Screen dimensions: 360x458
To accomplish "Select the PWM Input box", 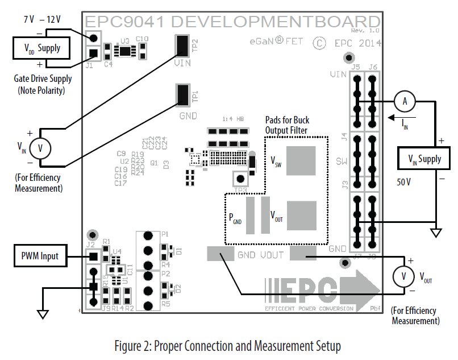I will [41, 256].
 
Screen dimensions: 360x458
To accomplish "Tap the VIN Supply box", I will [424, 159].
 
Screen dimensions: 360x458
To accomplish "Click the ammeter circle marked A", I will [405, 101].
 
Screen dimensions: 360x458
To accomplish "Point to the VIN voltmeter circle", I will [40, 148].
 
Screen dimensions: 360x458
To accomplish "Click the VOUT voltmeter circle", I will [403, 276].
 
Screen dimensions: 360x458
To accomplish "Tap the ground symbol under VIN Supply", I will [436, 233].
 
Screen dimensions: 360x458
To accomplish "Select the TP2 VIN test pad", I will [182, 45].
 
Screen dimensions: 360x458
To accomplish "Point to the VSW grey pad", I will [300, 160].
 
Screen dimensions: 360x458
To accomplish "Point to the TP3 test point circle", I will [242, 179].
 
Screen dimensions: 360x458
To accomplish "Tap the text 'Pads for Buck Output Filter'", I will [288, 125].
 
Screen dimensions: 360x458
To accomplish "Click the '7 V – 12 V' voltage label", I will [42, 19].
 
